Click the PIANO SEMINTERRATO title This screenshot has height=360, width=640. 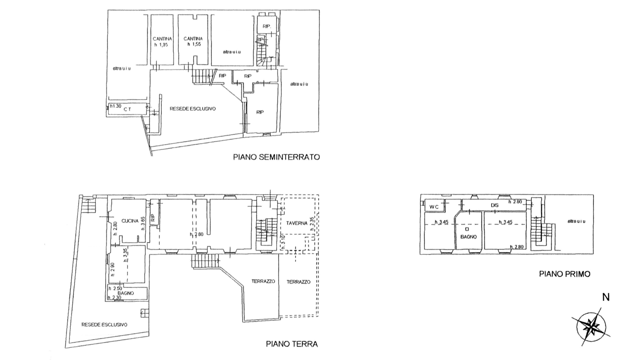(276, 157)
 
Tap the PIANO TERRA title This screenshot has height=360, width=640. (292, 344)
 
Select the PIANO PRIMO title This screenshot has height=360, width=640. (564, 274)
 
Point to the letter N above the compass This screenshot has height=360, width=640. (606, 297)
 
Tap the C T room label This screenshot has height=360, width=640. (127, 109)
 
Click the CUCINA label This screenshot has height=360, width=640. (130, 221)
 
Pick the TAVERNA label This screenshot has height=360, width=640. (297, 223)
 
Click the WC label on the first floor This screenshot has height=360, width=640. (434, 207)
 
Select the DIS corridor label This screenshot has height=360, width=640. (494, 205)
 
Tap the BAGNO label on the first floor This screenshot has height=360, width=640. (468, 237)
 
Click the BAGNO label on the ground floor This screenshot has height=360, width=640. (125, 293)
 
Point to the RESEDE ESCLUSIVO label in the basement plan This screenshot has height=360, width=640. (193, 109)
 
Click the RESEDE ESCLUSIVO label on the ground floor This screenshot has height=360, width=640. (104, 324)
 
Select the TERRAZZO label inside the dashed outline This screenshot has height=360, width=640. (298, 282)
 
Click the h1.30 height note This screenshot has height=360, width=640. (116, 106)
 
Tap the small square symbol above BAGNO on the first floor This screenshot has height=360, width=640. (467, 229)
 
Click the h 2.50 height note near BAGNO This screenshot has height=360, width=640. (115, 288)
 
